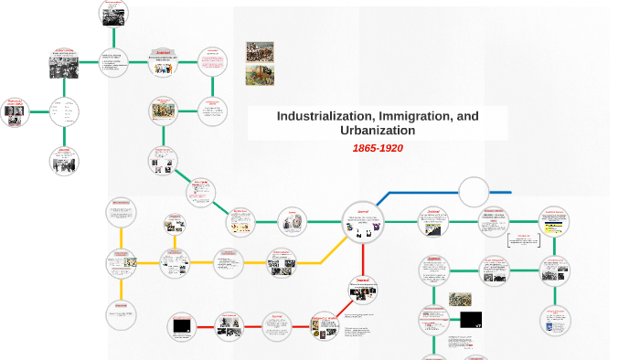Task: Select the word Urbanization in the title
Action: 378,131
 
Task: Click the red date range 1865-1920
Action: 378,148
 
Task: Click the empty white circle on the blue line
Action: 474,192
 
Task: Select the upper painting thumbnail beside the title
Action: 260,52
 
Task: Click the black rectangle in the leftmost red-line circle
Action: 182,325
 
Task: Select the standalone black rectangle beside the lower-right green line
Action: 471,320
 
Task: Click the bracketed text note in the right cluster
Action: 523,239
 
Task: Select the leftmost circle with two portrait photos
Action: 14,111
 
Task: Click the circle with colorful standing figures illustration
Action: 163,111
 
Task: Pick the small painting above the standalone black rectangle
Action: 460,300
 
